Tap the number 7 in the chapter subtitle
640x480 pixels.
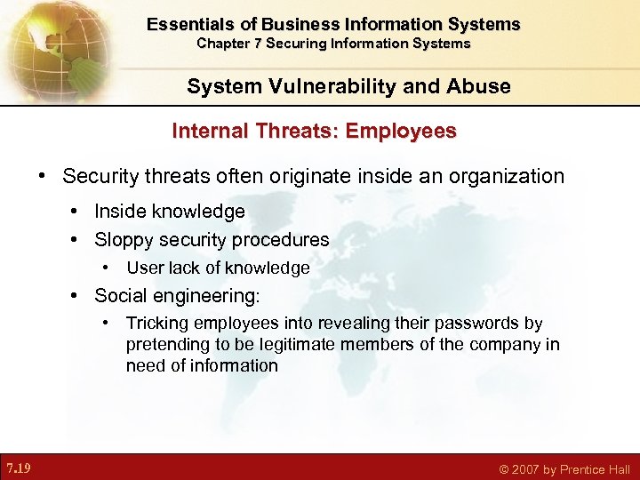(253, 44)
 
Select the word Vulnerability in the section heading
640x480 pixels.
(309, 86)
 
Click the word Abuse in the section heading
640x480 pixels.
(482, 86)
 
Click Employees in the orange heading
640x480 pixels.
(401, 132)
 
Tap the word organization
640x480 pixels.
(510, 176)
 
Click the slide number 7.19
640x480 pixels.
(18, 468)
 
